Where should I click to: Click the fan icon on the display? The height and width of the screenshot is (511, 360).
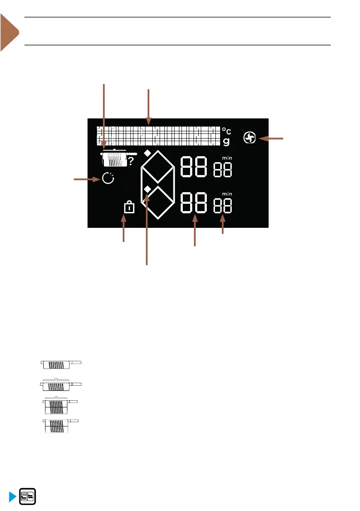point(250,138)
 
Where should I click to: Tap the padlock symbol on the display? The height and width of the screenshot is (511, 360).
point(129,208)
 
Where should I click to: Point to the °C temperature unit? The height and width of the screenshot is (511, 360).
point(227,130)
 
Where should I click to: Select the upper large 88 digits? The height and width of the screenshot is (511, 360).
point(194,166)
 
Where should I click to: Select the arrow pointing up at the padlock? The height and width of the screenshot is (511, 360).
point(124,230)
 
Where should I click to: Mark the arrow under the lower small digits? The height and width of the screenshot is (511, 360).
point(222,225)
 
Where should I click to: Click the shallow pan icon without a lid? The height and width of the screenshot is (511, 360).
point(60,364)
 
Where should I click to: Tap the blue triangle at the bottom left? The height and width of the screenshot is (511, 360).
point(12,496)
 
